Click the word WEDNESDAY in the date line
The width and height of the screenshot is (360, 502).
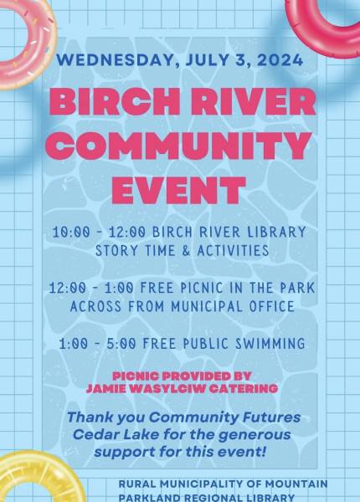click(x=117, y=60)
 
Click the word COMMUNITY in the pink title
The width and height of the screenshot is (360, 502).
click(x=178, y=146)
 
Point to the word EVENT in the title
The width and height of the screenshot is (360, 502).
click(x=178, y=190)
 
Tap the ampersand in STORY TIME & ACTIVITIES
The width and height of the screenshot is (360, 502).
click(x=186, y=250)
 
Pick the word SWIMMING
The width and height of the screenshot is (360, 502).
click(x=270, y=344)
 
